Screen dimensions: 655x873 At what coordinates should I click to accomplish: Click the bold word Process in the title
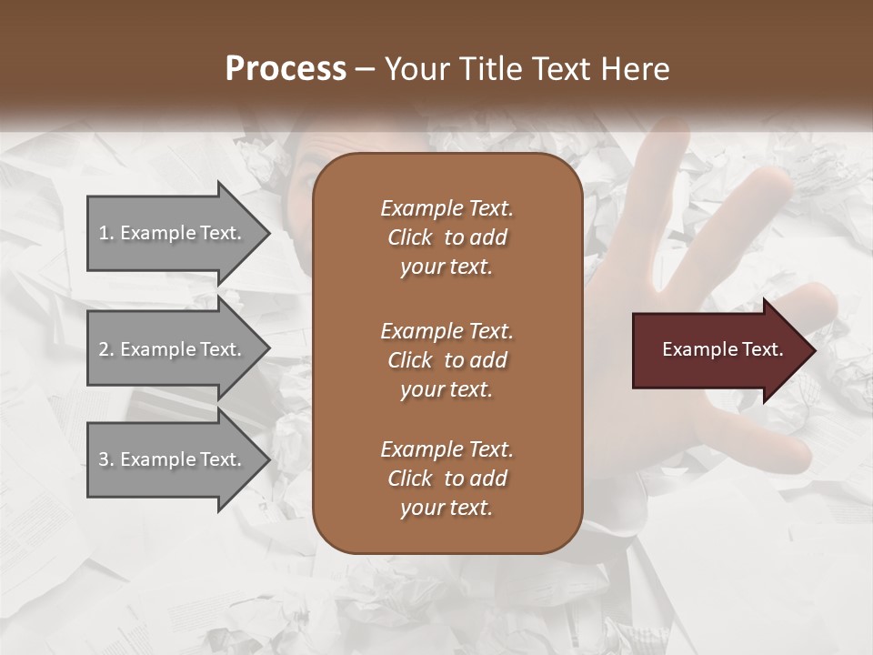click(x=286, y=69)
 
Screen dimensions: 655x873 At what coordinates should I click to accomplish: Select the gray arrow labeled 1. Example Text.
click(x=173, y=233)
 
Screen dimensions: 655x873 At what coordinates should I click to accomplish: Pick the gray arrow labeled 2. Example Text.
click(x=173, y=349)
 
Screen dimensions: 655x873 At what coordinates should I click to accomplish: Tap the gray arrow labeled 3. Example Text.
click(x=173, y=459)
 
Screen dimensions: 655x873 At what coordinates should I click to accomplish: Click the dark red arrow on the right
click(x=718, y=350)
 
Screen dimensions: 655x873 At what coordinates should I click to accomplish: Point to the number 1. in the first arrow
click(x=106, y=233)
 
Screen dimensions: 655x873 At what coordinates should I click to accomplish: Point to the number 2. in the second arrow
click(x=106, y=349)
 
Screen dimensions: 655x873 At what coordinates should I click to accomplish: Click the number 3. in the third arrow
click(x=106, y=459)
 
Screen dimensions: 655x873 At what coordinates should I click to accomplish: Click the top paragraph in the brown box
click(x=447, y=237)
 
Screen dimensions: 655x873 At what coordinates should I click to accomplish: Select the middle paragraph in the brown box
click(x=447, y=360)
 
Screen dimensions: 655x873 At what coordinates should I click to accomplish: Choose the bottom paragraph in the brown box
click(x=447, y=479)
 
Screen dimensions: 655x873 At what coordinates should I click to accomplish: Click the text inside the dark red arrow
click(x=722, y=349)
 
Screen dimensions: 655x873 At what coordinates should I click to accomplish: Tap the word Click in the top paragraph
click(x=409, y=237)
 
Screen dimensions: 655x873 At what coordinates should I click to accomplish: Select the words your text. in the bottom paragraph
click(x=447, y=509)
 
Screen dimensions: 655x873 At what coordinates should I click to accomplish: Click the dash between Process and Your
click(x=366, y=69)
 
